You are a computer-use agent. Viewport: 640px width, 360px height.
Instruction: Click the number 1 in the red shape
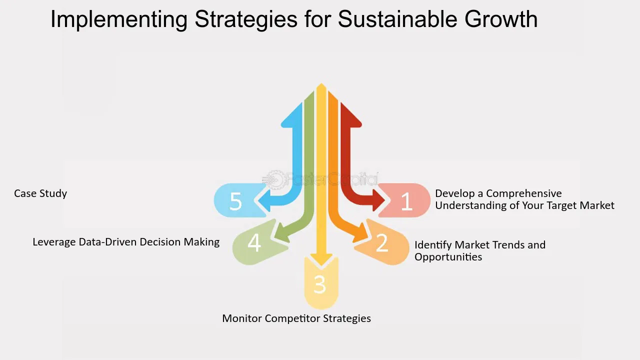406,201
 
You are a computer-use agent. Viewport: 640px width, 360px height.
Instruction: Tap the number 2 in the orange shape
382,243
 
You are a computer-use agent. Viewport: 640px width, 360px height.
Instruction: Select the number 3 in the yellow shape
320,284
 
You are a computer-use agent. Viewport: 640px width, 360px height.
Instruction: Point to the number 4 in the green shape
254,243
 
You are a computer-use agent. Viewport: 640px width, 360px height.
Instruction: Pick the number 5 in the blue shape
235,201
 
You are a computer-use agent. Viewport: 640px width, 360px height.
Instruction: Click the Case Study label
40,193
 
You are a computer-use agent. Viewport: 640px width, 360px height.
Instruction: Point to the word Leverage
54,242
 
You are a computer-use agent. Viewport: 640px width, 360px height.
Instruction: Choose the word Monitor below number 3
242,318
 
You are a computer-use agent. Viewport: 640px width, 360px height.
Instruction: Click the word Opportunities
448,257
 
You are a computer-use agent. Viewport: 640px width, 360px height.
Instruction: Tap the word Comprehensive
524,193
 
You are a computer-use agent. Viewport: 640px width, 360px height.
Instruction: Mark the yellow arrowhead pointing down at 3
321,260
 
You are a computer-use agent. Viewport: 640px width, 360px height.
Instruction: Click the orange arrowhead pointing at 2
361,233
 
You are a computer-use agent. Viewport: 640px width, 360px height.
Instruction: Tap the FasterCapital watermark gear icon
274,179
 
